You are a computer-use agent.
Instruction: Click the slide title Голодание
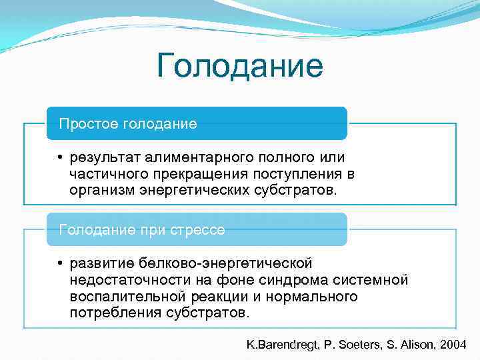pyautogui.click(x=240, y=67)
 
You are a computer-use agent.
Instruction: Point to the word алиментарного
pyautogui.click(x=191, y=157)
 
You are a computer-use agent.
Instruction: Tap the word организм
pyautogui.click(x=101, y=191)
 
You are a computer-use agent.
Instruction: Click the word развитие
pyautogui.click(x=99, y=264)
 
